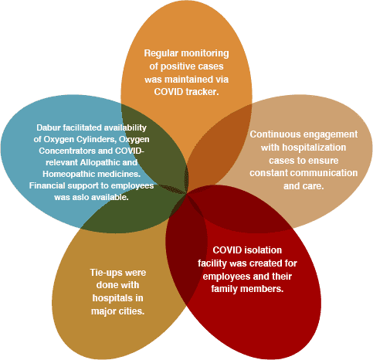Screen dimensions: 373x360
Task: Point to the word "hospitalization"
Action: point(314,148)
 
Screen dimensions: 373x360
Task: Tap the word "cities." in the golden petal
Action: point(131,311)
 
